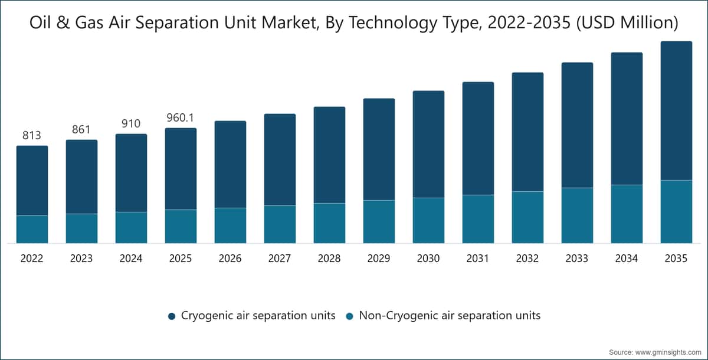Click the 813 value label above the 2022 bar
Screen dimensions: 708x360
32,135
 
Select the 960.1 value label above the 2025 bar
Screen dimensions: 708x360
180,117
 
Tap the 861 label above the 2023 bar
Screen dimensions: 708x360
81,129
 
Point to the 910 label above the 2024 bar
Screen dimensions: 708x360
131,123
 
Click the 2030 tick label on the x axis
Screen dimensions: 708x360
428,258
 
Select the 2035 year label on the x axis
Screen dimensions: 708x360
676,258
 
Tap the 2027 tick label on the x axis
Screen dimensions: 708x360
280,258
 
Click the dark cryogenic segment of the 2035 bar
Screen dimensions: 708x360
676,110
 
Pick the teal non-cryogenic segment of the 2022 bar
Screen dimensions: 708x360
32,230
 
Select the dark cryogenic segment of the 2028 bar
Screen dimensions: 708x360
329,155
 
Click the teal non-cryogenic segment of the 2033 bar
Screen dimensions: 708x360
577,215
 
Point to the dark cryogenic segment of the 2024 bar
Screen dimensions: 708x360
131,173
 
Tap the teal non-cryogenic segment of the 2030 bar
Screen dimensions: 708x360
428,221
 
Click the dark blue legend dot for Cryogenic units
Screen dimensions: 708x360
172,316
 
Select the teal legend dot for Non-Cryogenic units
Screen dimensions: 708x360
349,316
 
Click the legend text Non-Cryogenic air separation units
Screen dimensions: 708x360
450,315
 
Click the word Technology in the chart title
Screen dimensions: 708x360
393,23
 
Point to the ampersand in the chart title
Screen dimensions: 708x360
64,23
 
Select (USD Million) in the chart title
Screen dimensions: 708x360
627,23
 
